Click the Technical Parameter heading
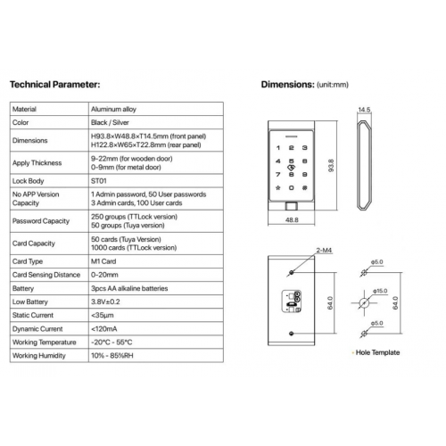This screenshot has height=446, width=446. point(55,85)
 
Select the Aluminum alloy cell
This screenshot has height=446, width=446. point(113,109)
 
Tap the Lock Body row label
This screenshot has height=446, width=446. point(28,181)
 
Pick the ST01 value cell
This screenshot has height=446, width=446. point(99,181)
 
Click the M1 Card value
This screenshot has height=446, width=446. point(103,261)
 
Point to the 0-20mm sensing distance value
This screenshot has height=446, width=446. point(104,275)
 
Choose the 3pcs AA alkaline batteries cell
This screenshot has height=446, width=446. point(129,288)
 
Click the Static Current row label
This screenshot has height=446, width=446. point(33,315)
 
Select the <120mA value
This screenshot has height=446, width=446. point(104,329)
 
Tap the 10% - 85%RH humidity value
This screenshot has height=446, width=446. point(112,356)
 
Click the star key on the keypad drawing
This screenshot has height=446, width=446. point(278,187)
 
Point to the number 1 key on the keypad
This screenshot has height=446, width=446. point(278,148)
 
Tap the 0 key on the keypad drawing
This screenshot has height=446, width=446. point(292,187)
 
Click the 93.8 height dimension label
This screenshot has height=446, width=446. point(331,166)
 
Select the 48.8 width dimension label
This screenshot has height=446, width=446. point(292,219)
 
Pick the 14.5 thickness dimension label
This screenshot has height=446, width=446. point(364,110)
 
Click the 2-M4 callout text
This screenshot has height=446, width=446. point(324,251)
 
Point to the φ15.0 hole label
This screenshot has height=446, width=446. point(380,291)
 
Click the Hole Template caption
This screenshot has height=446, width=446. point(377,352)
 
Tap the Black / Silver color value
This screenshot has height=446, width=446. point(110,122)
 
